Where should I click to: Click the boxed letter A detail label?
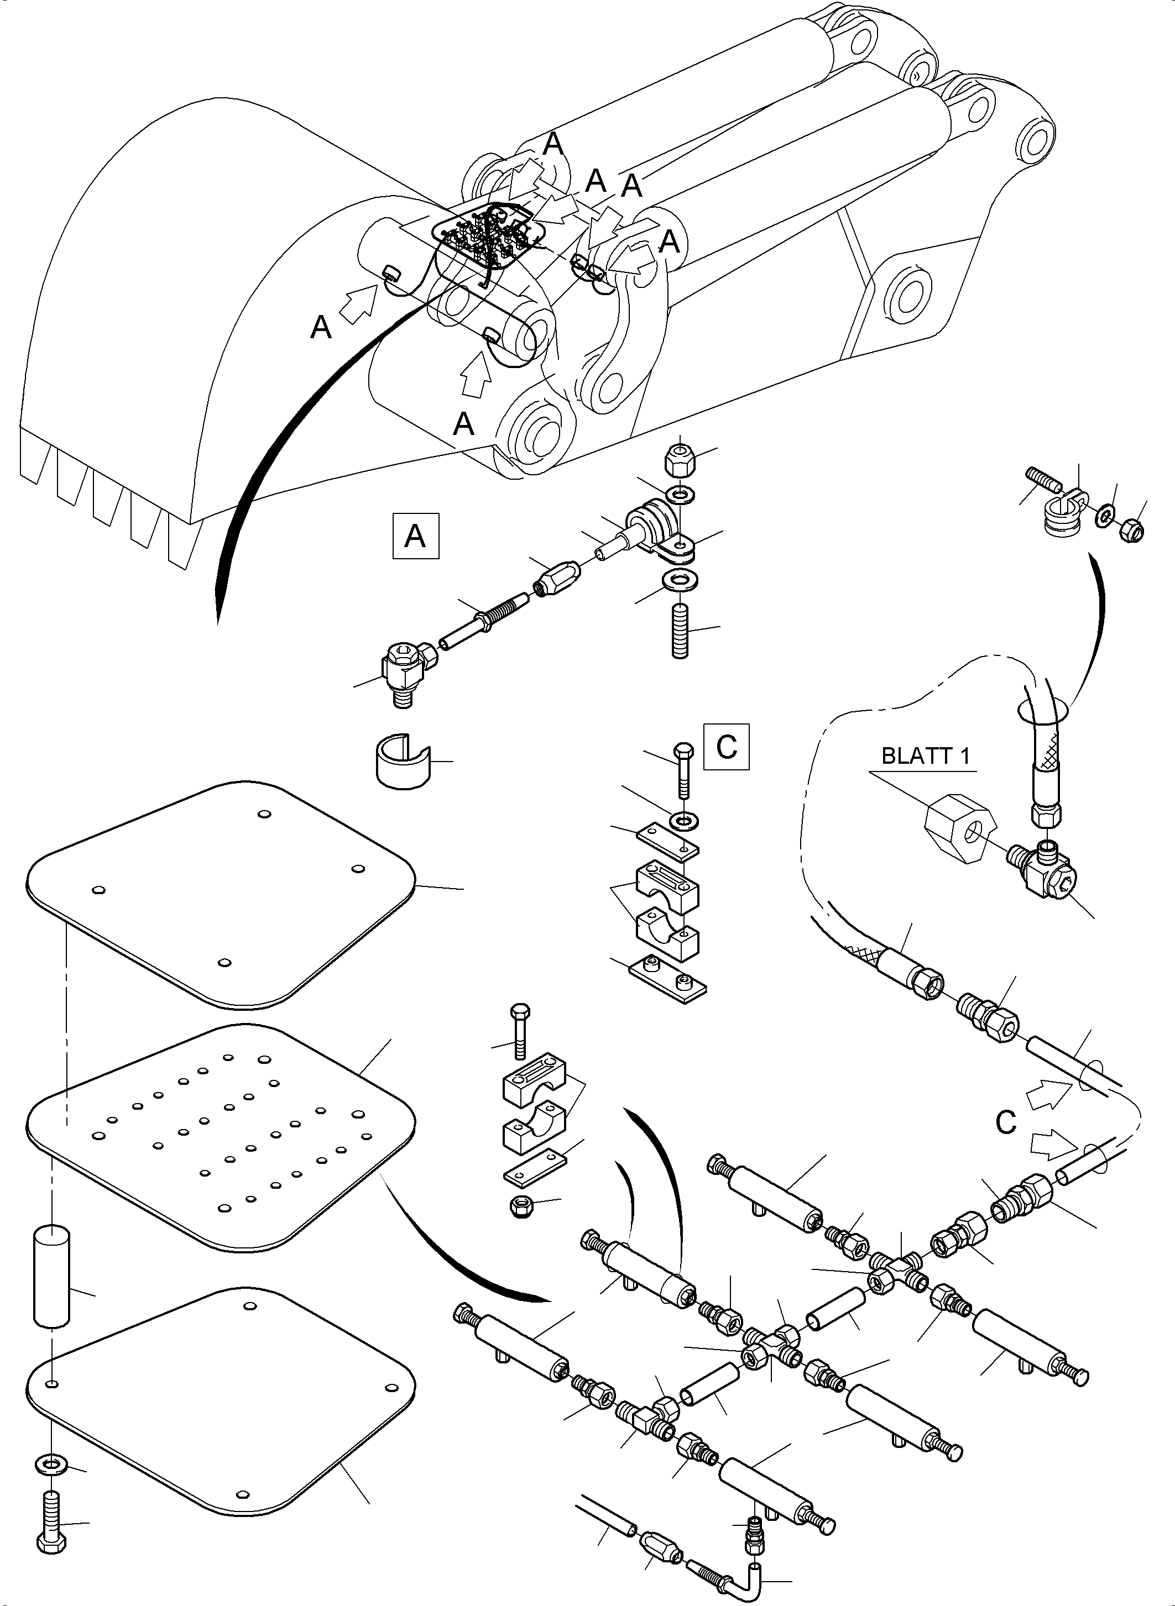(x=415, y=536)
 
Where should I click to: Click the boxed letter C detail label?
(x=726, y=747)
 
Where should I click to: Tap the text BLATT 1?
(x=926, y=755)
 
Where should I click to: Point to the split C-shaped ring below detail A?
(x=403, y=760)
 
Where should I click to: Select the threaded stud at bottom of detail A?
(x=681, y=631)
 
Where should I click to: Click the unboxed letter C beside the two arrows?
(x=1006, y=1124)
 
